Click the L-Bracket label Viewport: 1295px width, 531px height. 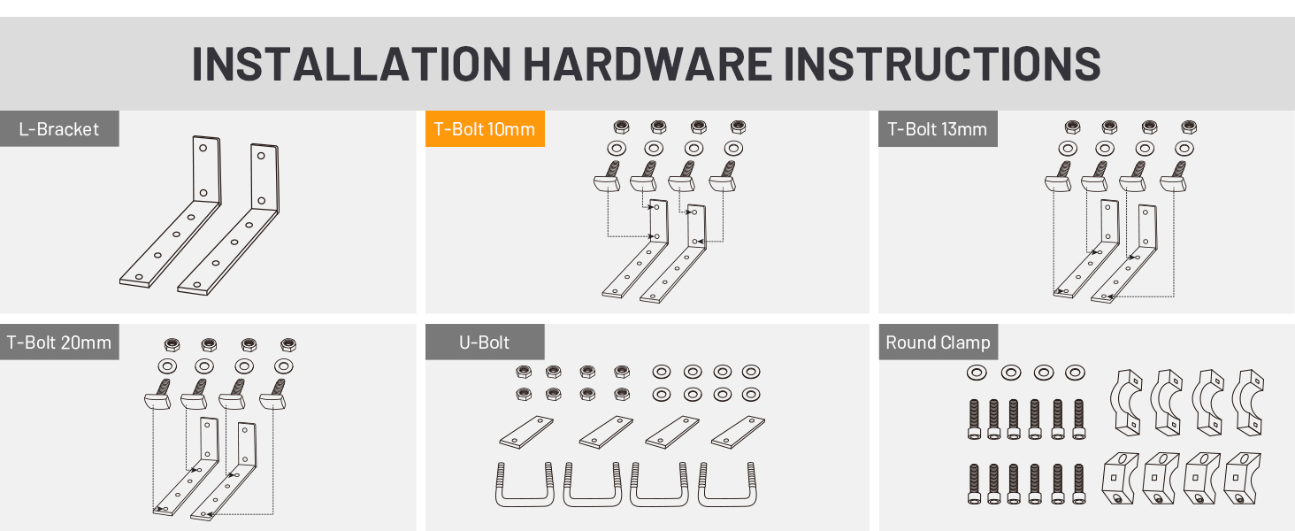(59, 128)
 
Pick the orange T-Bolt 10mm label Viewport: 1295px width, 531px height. (485, 128)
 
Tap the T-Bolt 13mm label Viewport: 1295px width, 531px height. (938, 128)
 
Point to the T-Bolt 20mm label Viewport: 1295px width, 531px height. (59, 342)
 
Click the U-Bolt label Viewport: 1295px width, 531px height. (485, 342)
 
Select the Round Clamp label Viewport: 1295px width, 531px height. (939, 342)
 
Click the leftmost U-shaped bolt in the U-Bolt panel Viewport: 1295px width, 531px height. (525, 484)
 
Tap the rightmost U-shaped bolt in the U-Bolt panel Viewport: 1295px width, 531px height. (727, 484)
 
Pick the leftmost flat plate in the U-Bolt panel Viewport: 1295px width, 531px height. (526, 432)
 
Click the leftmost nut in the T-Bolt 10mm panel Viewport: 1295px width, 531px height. (621, 127)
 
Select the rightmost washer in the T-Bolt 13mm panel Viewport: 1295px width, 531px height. (1184, 149)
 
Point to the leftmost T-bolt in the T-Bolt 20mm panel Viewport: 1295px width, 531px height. (157, 394)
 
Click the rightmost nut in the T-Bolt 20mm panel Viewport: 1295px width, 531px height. (287, 345)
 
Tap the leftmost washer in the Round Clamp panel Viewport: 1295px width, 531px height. (977, 373)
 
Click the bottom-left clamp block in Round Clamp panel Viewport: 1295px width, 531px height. (1121, 478)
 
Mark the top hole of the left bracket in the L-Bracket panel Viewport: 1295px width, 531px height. (203, 148)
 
